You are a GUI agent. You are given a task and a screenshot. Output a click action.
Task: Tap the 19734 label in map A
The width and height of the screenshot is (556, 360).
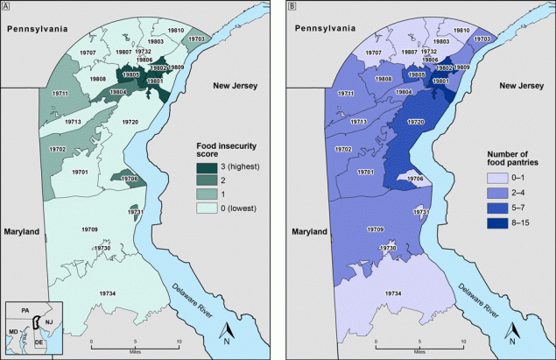click(107, 293)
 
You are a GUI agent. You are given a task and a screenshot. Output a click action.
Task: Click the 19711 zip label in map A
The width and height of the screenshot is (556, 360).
click(60, 93)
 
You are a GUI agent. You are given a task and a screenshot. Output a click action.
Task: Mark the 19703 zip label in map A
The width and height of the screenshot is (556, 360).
click(197, 39)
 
